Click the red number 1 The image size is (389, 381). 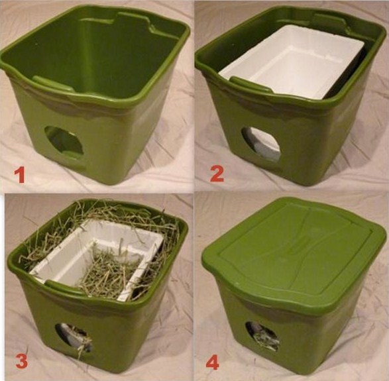point(19,174)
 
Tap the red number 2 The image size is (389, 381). point(217,174)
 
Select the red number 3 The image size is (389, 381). point(21,361)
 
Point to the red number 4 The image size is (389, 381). point(213,362)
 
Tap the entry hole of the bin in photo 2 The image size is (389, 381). point(261,144)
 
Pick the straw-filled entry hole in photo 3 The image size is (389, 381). point(74,337)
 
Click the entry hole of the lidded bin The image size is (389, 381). point(262,336)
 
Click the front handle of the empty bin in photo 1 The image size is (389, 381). point(53,83)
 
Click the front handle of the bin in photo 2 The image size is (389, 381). point(250,85)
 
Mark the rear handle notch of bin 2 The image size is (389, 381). point(330,21)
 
